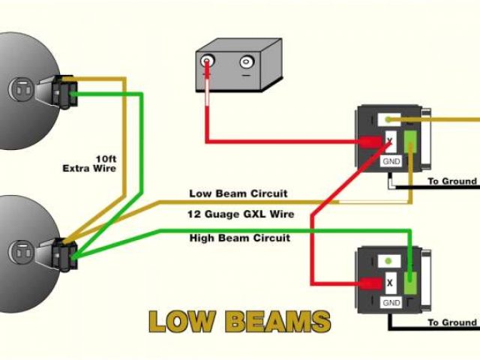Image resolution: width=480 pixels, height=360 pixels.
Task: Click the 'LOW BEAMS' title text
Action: click(239, 321)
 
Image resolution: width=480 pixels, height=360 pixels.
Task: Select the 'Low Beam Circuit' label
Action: click(238, 193)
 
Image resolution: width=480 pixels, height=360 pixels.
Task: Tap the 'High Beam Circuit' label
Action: click(239, 238)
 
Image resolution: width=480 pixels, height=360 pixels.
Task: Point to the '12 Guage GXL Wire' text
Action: click(240, 214)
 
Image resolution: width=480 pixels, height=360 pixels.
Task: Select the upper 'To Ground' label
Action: click(451, 181)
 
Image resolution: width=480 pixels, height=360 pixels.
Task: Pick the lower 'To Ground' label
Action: click(451, 322)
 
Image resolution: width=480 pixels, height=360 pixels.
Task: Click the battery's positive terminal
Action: click(208, 62)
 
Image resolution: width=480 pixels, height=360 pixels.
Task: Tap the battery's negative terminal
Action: click(245, 63)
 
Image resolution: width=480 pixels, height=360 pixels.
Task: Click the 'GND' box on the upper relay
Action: click(391, 161)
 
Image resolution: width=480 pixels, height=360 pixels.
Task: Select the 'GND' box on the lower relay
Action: click(391, 303)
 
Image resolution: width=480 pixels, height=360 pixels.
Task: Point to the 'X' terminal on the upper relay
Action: click(390, 141)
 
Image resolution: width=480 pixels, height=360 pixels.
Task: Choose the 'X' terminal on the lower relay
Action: click(390, 283)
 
